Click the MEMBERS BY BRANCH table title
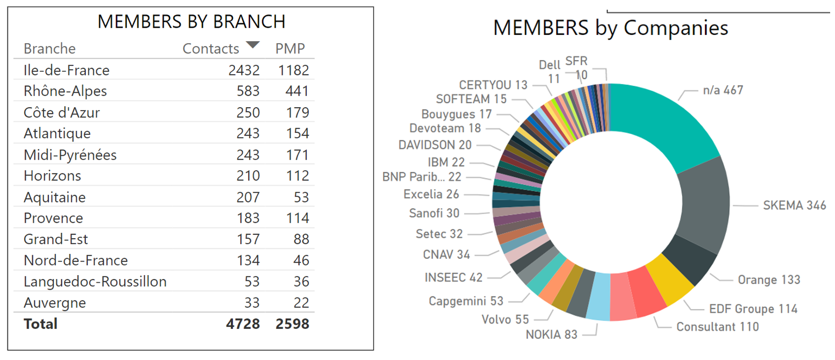coord(191,22)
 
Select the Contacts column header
coord(211,49)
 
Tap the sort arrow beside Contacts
coord(252,45)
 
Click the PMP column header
coord(290,49)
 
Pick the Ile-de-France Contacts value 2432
coord(244,70)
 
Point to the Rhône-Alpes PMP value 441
coord(297,91)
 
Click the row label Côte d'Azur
coord(62,113)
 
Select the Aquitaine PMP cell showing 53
coord(301,197)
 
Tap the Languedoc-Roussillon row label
coord(95,281)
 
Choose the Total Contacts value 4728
coord(243,324)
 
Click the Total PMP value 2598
coord(292,324)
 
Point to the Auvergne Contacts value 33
coord(251,303)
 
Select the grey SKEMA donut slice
coord(704,204)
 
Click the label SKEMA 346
coord(794,205)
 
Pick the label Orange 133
coord(768,280)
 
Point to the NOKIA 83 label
coord(551,334)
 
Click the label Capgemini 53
coord(466,301)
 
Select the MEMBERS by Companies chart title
coord(610,28)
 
